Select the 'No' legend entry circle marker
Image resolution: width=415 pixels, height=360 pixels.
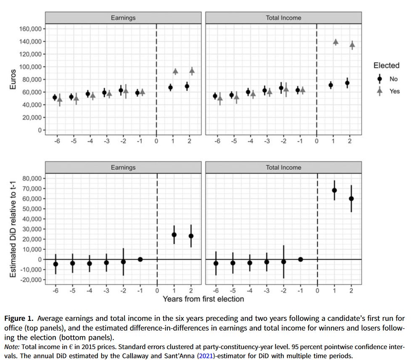380,79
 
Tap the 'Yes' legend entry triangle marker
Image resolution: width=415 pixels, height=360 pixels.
380,91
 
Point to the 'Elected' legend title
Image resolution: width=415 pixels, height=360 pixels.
386,66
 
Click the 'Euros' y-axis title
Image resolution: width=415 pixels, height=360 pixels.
13,79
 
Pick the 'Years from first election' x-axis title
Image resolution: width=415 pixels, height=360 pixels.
203,299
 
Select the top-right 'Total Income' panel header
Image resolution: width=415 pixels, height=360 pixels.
283,18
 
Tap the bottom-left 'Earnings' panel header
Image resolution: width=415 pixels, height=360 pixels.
123,167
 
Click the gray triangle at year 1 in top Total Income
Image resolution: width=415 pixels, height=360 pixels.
336,42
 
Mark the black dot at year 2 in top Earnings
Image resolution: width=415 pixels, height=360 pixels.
187,86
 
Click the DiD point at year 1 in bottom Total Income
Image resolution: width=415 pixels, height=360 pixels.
334,190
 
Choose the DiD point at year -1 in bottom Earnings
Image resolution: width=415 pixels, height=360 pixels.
140,259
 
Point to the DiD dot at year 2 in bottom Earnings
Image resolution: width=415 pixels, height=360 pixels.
191,236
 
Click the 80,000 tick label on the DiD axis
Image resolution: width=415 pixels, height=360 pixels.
30,178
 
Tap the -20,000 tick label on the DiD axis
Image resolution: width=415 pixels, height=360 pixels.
29,280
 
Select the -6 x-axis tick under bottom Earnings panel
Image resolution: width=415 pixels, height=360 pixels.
55,291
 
